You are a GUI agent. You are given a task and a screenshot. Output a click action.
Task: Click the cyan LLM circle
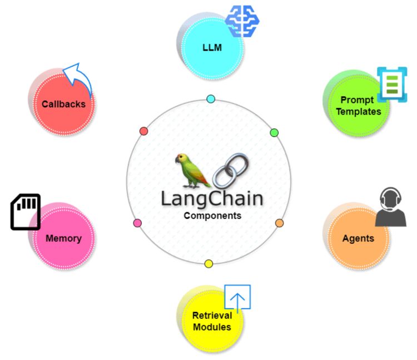pyautogui.click(x=212, y=48)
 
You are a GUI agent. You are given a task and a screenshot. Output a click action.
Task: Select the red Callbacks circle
pyautogui.click(x=63, y=103)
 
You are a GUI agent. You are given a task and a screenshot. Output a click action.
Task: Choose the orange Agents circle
pyautogui.click(x=358, y=238)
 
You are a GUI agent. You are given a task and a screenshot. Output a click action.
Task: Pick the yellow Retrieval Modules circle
pyautogui.click(x=211, y=320)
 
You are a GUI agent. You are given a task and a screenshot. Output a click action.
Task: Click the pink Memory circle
pyautogui.click(x=63, y=238)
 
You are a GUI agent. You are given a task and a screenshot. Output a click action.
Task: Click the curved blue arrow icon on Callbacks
pyautogui.click(x=78, y=78)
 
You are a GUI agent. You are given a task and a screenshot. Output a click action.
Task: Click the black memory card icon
pyautogui.click(x=26, y=211)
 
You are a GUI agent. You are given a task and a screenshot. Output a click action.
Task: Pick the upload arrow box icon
pyautogui.click(x=237, y=298)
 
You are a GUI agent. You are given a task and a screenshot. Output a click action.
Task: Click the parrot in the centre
pyautogui.click(x=191, y=170)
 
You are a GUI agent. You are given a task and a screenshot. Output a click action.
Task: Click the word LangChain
pyautogui.click(x=212, y=198)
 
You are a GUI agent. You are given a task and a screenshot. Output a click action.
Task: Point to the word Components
pyautogui.click(x=212, y=216)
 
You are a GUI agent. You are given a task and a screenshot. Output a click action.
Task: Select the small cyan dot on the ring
pyautogui.click(x=211, y=99)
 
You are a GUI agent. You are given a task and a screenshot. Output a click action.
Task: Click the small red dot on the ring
pyautogui.click(x=143, y=131)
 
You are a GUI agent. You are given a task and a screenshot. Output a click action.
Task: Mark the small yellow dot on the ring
pyautogui.click(x=209, y=264)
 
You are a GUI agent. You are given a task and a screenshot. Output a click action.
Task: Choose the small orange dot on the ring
pyautogui.click(x=279, y=223)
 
